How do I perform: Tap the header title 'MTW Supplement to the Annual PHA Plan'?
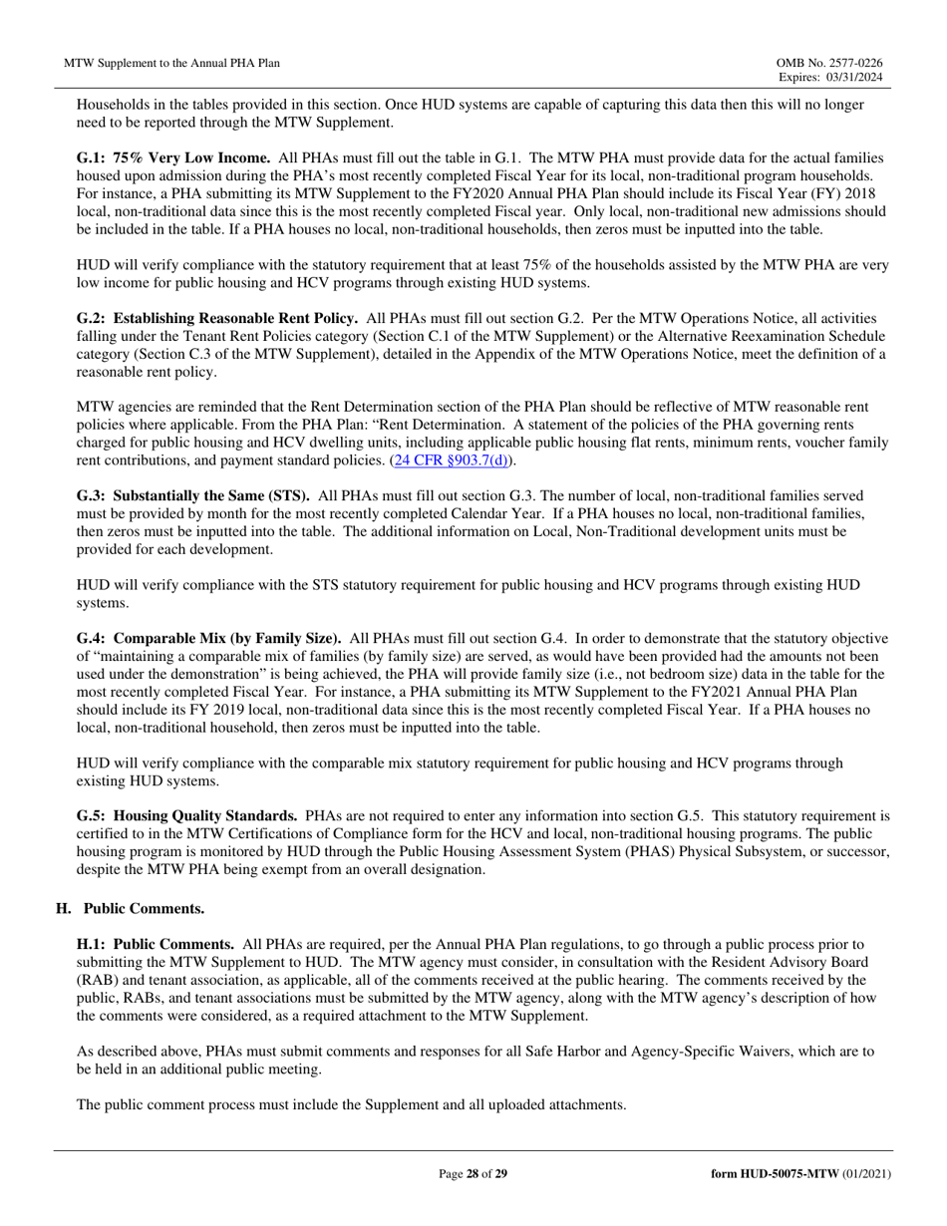tap(171, 63)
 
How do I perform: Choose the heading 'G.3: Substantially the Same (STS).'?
tap(193, 495)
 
